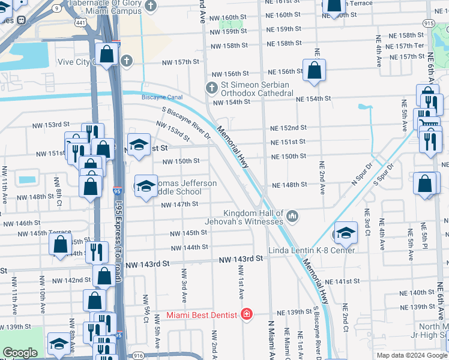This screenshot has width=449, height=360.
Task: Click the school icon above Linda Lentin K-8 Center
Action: click(x=345, y=233)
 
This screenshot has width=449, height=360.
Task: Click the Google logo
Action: click(x=20, y=353)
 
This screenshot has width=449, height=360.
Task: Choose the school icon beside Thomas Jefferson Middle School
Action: click(x=146, y=186)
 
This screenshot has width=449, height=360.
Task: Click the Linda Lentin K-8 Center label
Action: click(x=321, y=250)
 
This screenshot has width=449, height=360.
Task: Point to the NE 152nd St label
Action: click(x=288, y=128)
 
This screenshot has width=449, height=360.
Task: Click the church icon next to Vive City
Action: click(x=126, y=61)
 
